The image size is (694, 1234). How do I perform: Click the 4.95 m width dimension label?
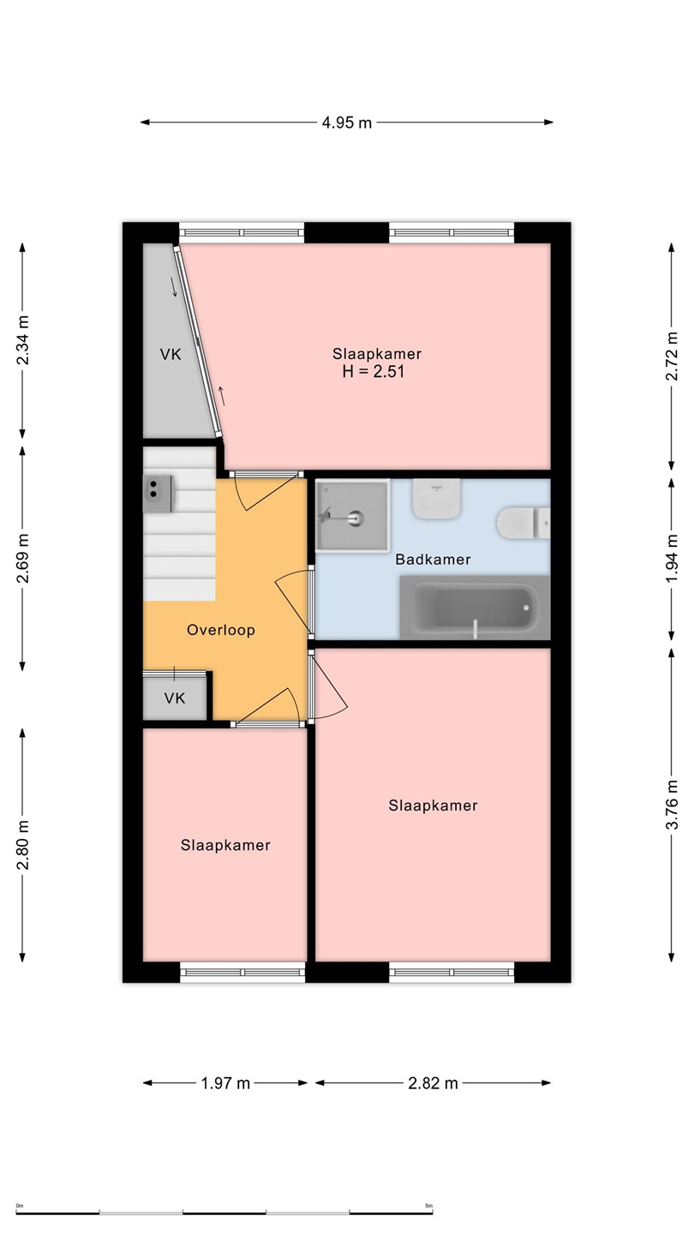click(347, 123)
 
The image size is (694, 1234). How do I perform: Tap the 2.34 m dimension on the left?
click(22, 340)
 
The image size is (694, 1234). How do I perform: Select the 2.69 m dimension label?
click(22, 558)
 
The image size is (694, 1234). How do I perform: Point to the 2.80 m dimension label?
click(22, 845)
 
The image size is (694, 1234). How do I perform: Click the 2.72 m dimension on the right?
click(672, 356)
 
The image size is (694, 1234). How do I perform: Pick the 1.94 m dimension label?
click(672, 558)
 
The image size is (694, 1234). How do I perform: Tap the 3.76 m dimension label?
click(672, 805)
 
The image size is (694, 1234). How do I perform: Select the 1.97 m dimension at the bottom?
click(226, 1083)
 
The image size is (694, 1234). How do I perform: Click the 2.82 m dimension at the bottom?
click(433, 1083)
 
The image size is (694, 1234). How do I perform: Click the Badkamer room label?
click(433, 560)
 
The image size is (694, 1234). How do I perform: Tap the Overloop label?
click(221, 630)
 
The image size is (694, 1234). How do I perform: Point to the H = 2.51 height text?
click(374, 371)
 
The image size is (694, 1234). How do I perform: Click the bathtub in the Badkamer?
click(475, 608)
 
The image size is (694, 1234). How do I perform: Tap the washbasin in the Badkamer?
click(437, 499)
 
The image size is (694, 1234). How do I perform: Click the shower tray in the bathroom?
click(352, 515)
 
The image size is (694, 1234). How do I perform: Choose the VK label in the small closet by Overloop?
click(175, 698)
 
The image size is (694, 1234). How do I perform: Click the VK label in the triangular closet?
click(171, 354)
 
